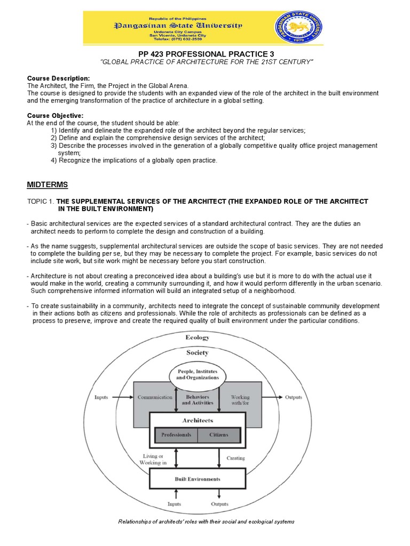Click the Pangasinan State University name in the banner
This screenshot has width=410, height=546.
click(x=178, y=25)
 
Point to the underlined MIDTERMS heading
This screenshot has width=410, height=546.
click(x=48, y=184)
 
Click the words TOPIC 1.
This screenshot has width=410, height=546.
click(x=41, y=201)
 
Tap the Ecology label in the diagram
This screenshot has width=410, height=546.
click(x=197, y=338)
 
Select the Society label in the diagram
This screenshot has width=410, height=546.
click(x=197, y=352)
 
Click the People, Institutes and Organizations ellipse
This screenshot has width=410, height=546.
click(x=197, y=374)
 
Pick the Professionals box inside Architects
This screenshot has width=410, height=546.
click(x=176, y=435)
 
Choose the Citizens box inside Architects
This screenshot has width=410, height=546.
click(x=219, y=435)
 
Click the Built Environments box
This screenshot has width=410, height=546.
click(x=197, y=479)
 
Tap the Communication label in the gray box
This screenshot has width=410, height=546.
click(x=155, y=397)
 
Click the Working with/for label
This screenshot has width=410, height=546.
click(x=240, y=400)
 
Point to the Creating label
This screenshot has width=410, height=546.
click(x=235, y=458)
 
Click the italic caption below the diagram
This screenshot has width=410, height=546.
click(x=206, y=521)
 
